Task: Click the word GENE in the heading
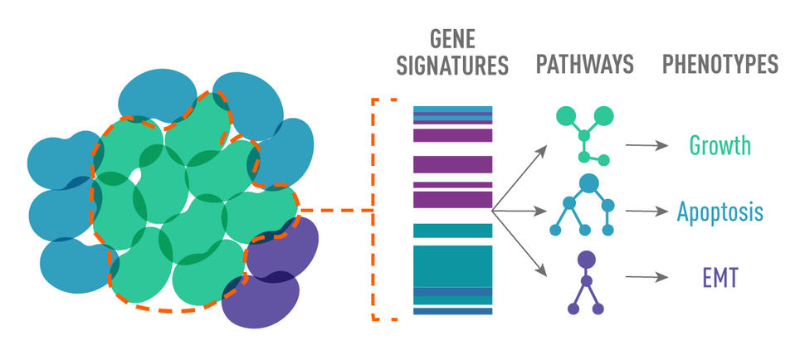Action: pos(452,40)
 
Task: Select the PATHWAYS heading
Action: pos(586,65)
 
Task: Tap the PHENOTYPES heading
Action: pos(720,65)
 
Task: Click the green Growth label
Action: pos(720,146)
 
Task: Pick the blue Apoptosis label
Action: pos(720,212)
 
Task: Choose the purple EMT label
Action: pos(720,276)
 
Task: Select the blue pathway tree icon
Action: pos(587,204)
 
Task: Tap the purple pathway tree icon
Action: pos(586,282)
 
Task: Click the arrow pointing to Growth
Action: pos(646,145)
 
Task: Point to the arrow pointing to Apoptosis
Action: pos(646,211)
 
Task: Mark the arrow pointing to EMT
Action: pos(646,276)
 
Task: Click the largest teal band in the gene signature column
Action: pos(453,265)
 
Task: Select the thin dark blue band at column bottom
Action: pos(453,311)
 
